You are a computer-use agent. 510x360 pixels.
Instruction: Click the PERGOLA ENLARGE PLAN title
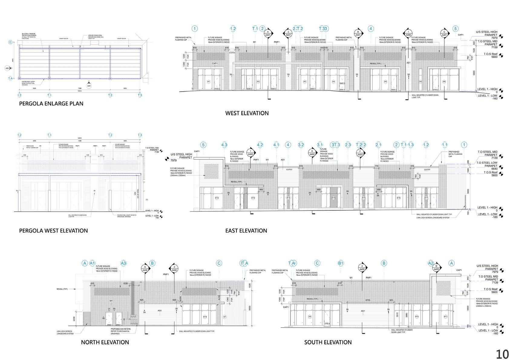click(51, 103)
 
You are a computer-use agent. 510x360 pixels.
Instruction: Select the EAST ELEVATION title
click(246, 231)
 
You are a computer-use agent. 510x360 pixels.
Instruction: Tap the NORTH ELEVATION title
click(105, 342)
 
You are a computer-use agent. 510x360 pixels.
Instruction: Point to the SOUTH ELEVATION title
click(328, 342)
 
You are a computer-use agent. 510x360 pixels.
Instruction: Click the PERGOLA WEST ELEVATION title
click(53, 231)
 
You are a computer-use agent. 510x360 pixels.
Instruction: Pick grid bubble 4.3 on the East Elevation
click(224, 145)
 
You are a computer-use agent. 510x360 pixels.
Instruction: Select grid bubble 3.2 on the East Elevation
click(301, 145)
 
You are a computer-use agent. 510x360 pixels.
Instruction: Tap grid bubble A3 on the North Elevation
click(123, 263)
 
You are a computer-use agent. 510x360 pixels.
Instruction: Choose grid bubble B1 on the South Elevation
click(341, 263)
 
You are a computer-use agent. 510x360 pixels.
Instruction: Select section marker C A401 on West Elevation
click(444, 33)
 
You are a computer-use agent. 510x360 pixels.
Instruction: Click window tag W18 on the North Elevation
click(205, 317)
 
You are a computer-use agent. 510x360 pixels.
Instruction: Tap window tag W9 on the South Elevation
click(310, 316)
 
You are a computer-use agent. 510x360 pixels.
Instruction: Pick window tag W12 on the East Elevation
click(217, 198)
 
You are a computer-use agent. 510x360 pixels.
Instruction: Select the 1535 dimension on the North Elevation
click(125, 284)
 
